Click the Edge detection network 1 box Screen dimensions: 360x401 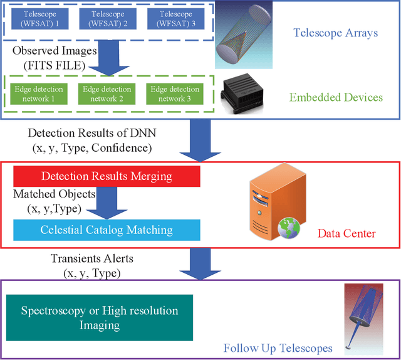(x=36, y=94)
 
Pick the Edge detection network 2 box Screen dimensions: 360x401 (x=107, y=94)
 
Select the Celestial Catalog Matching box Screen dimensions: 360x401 (x=107, y=230)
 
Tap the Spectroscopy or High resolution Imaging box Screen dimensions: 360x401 (x=99, y=318)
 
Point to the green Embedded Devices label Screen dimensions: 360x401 (x=336, y=97)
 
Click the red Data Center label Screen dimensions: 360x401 (x=346, y=233)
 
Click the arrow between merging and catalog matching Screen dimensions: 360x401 (x=106, y=203)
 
